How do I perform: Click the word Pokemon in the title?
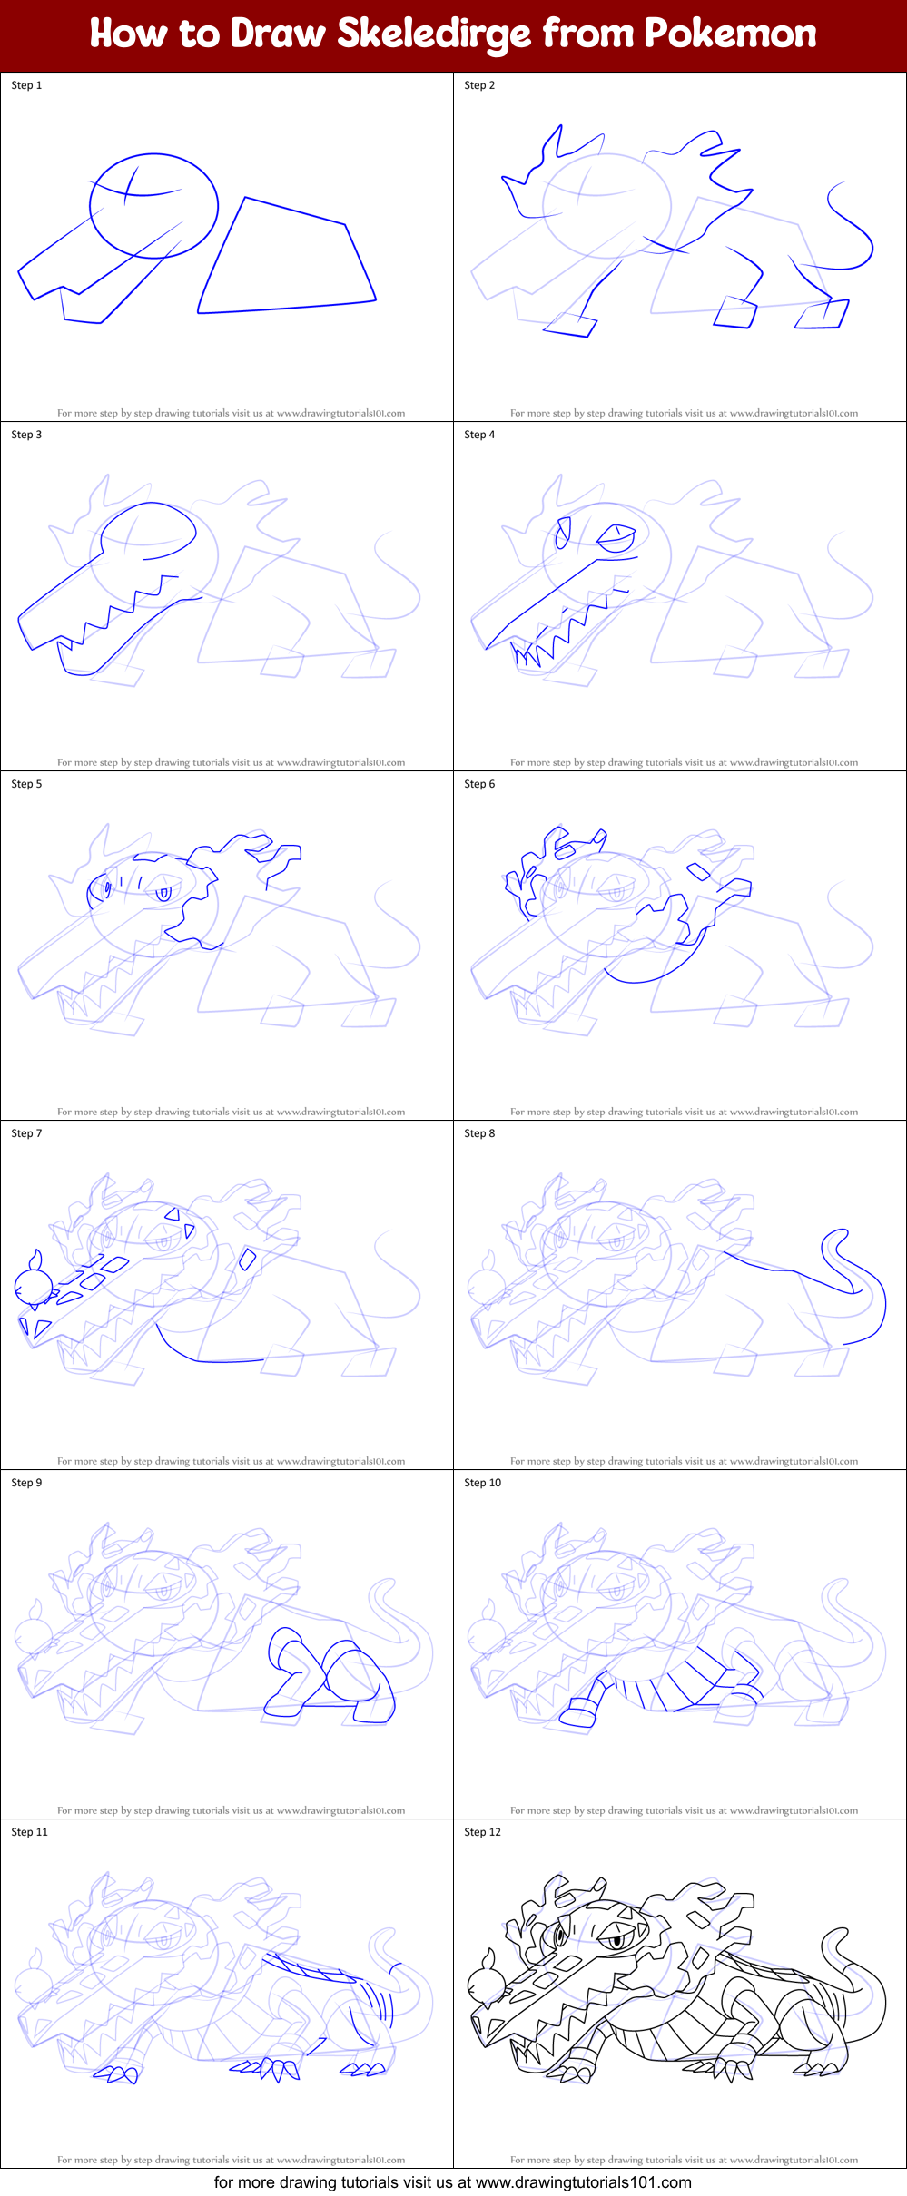(730, 34)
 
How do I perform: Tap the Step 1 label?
(26, 85)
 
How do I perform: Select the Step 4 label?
(479, 435)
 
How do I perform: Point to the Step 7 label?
(26, 1133)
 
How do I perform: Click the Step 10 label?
(482, 1483)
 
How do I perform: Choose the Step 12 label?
(482, 1832)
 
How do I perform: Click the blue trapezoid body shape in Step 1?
(287, 263)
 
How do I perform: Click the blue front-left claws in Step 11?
(116, 2073)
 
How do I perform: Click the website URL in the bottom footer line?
(583, 2182)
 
